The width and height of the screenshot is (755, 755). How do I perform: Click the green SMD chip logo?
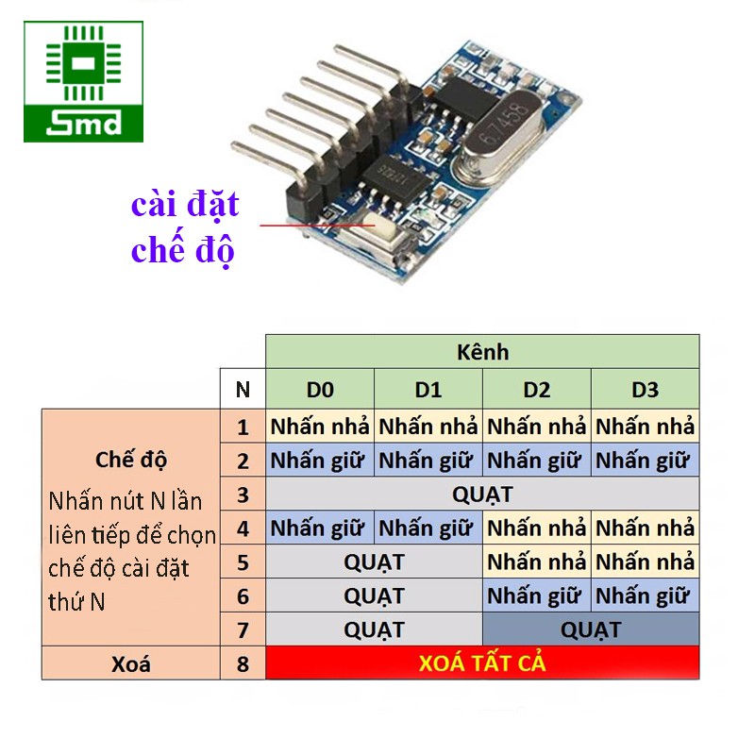pyautogui.click(x=84, y=82)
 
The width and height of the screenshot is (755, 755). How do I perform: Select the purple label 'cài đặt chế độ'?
pyautogui.click(x=185, y=227)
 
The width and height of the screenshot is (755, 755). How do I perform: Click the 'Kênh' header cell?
pyautogui.click(x=482, y=352)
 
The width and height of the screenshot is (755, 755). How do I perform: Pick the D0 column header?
pyautogui.click(x=320, y=390)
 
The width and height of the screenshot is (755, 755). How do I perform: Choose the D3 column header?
pyautogui.click(x=646, y=390)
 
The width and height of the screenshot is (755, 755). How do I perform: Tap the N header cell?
pyautogui.click(x=243, y=390)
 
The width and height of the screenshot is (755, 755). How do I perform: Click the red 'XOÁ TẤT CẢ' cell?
pyautogui.click(x=482, y=663)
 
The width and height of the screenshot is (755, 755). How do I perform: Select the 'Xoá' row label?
pyautogui.click(x=130, y=663)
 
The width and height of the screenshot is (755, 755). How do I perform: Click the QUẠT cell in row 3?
pyautogui.click(x=482, y=495)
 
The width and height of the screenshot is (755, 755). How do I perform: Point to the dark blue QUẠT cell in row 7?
pyautogui.click(x=591, y=629)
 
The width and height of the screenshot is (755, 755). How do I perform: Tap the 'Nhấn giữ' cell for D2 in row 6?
pyautogui.click(x=537, y=596)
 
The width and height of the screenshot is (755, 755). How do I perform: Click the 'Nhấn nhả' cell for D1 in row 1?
pyautogui.click(x=428, y=426)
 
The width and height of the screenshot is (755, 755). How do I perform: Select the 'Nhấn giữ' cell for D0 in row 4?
pyautogui.click(x=320, y=528)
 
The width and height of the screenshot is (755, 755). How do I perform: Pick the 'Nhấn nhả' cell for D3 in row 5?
pyautogui.click(x=646, y=562)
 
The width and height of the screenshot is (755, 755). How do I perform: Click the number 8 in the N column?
pyautogui.click(x=243, y=663)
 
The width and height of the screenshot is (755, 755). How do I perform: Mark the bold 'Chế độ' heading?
pyautogui.click(x=130, y=460)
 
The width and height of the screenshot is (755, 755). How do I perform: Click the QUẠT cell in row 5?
pyautogui.click(x=374, y=562)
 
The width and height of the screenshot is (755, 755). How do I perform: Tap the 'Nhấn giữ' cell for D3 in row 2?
pyautogui.click(x=646, y=461)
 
